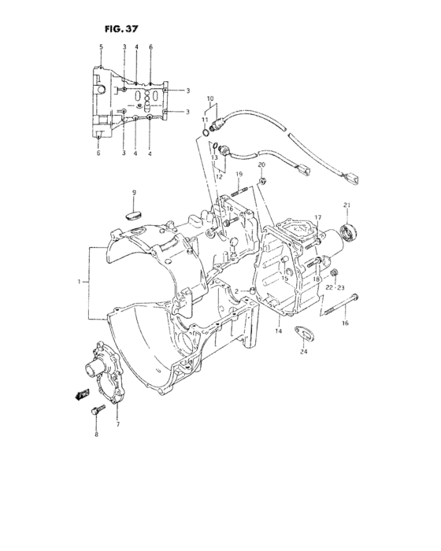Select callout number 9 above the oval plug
pos(133,193)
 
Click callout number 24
pos(303,351)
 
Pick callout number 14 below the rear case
pos(278,331)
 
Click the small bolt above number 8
pos(97,410)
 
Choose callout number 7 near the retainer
pos(117,424)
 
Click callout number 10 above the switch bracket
pos(210,99)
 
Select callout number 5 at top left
pos(101,47)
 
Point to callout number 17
pos(319,217)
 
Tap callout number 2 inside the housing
pos(236,291)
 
